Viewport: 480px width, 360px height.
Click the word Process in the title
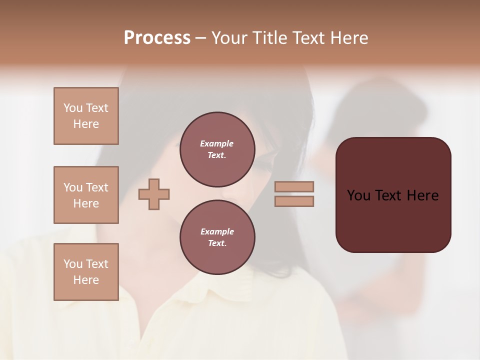click(157, 38)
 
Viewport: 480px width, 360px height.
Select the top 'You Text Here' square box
click(86, 116)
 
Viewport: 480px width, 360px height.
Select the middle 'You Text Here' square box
click(86, 195)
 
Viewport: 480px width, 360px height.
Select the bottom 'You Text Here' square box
click(86, 272)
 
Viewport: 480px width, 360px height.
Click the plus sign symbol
click(154, 194)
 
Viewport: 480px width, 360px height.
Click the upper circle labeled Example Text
click(217, 149)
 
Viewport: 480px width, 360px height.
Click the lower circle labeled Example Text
click(217, 237)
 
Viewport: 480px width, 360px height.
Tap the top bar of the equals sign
click(294, 187)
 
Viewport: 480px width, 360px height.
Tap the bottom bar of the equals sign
click(294, 201)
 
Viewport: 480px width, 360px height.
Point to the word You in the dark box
click(359, 195)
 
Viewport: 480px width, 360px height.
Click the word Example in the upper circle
click(217, 143)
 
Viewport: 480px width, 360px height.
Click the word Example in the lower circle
click(217, 231)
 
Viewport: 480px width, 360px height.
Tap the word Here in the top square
click(86, 124)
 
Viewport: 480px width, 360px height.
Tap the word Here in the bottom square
click(86, 280)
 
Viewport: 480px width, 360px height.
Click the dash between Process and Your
click(200, 38)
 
